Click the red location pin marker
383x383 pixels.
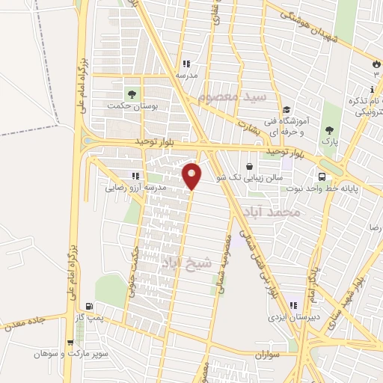point(192,175)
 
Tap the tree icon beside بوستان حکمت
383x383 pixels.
point(132,94)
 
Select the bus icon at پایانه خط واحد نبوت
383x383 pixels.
point(321,177)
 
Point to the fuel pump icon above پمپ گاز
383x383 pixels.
point(91,306)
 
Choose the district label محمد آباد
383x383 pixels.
point(275,212)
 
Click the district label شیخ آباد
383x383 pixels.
point(186,262)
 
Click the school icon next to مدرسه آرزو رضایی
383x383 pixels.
point(135,176)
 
